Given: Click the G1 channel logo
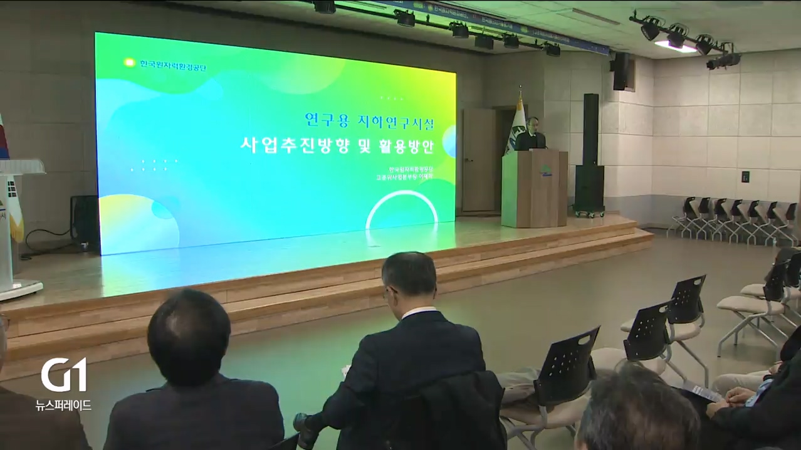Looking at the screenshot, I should tap(64, 374).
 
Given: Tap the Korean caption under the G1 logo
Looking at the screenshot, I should tap(64, 405).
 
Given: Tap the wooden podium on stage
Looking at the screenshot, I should tap(534, 188).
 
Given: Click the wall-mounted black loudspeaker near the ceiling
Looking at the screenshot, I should tap(620, 70).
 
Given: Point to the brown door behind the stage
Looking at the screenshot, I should tap(479, 160).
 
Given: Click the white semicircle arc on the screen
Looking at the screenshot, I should tap(402, 207).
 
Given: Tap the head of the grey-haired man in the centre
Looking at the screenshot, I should tap(409, 280).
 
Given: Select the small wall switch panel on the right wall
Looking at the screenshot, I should tap(746, 177).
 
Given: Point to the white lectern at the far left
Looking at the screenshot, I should tap(16, 226).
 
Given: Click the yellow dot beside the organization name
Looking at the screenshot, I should tap(129, 62).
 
